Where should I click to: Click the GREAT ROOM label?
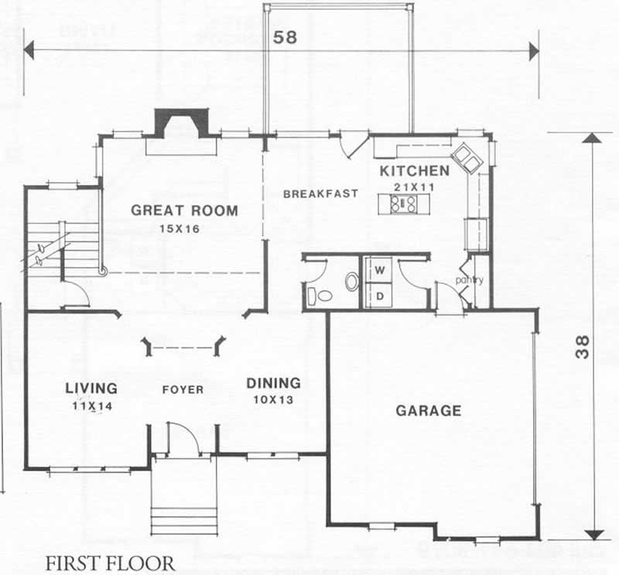pyautogui.click(x=184, y=210)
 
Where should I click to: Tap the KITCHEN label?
pyautogui.click(x=414, y=171)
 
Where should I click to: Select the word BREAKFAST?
pyautogui.click(x=320, y=193)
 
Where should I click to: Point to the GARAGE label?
pyautogui.click(x=429, y=411)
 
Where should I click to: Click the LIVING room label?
pyautogui.click(x=91, y=388)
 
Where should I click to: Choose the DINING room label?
pyautogui.click(x=273, y=383)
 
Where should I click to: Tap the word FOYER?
pyautogui.click(x=183, y=390)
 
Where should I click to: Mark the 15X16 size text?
pyautogui.click(x=180, y=229)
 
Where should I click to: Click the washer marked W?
pyautogui.click(x=381, y=270)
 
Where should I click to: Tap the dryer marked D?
pyautogui.click(x=381, y=295)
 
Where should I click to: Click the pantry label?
pyautogui.click(x=469, y=280)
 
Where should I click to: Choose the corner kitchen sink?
pyautogui.click(x=467, y=157)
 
